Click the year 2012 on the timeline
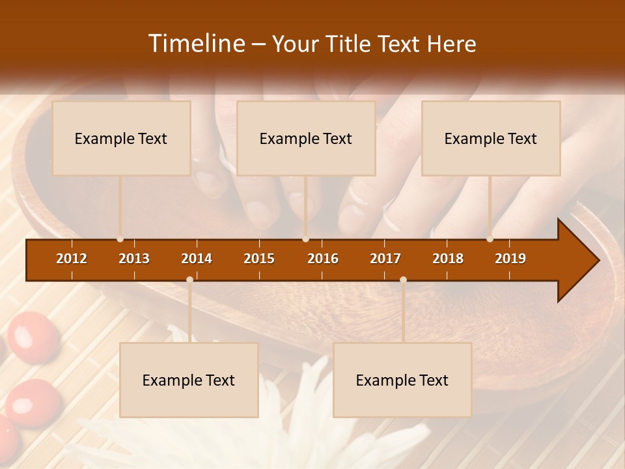pos(72,259)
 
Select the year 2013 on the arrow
pos(134,259)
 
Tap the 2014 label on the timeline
pos(197,259)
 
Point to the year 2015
pos(259,259)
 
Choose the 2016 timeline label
pos(323,259)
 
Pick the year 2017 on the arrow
pos(385,259)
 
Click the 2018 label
pos(448,259)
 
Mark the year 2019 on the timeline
pos(510,259)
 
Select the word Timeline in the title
pos(196,44)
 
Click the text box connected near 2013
pos(121,138)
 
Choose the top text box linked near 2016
pos(306,138)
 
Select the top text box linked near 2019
pos(491,138)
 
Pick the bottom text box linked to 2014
pos(189,380)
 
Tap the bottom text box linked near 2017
pos(402,380)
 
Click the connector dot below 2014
pos(189,279)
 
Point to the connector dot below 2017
pos(403,279)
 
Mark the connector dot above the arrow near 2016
pos(305,239)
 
